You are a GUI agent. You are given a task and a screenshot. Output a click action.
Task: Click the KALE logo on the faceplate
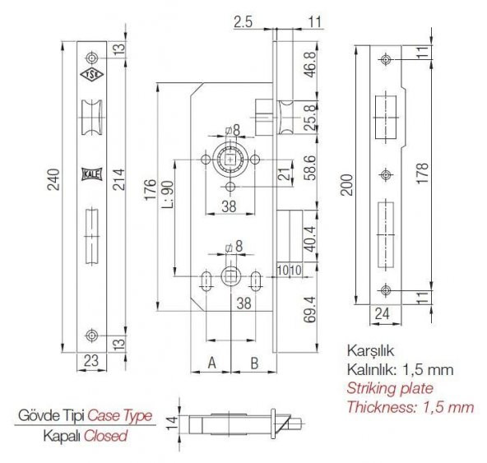coord(90,174)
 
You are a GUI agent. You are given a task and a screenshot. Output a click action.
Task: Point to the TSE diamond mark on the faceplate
coord(90,76)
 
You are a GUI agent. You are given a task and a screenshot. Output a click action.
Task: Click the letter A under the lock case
coord(211,362)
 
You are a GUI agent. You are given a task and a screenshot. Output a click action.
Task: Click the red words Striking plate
coord(389,387)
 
